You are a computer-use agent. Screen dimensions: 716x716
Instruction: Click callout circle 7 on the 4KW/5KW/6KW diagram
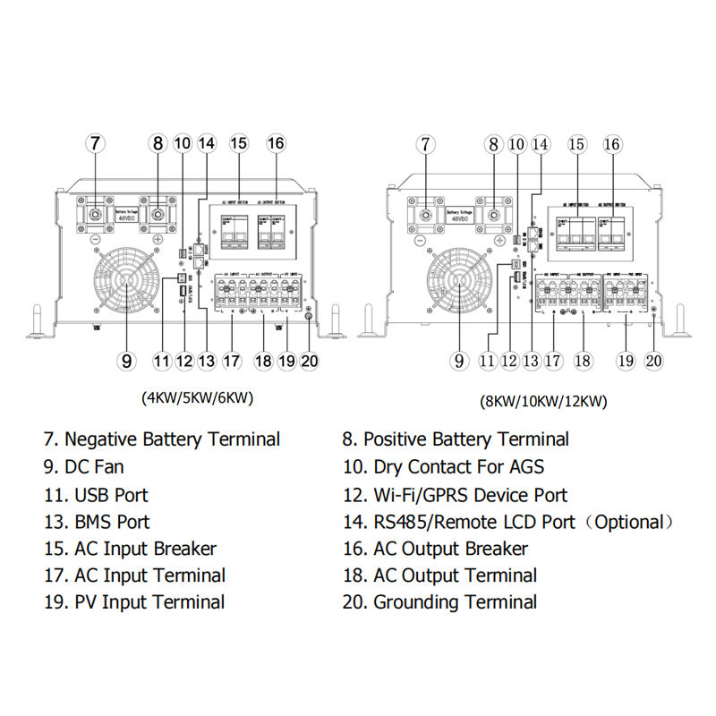coord(95,143)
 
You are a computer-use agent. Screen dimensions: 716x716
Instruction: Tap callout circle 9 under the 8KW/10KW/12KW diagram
coord(460,361)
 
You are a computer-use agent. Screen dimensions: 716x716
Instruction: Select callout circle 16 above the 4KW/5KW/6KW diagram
coord(276,143)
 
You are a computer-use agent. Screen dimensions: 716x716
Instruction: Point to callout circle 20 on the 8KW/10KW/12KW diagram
coord(654,361)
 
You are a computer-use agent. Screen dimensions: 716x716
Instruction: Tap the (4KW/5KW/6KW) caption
coord(198,397)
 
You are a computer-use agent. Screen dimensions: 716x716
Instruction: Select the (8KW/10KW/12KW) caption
coord(542,401)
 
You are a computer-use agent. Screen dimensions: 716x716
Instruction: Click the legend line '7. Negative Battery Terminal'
coord(161,439)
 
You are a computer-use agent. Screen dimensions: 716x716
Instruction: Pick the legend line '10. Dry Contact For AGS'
coord(443,466)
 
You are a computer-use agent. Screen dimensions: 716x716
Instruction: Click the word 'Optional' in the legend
coord(630,522)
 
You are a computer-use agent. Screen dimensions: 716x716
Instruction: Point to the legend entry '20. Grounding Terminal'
coord(439,602)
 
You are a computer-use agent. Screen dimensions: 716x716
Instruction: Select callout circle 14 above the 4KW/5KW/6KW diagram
coord(207,143)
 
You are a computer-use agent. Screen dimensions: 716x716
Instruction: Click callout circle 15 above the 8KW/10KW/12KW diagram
coord(576,144)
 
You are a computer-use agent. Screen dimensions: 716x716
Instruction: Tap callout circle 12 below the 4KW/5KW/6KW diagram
coord(184,361)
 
